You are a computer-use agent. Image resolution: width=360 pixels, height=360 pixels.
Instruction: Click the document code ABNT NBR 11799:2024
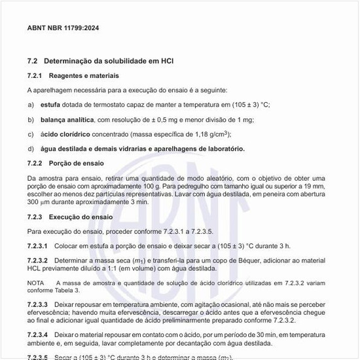(x=63, y=28)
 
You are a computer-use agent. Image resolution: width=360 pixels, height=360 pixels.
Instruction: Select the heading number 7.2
(x=33, y=61)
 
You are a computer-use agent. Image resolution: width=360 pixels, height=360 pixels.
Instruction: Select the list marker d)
(x=31, y=149)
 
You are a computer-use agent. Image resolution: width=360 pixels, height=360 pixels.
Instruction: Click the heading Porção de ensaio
(x=77, y=163)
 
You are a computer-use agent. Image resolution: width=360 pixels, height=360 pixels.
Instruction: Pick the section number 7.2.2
(x=37, y=163)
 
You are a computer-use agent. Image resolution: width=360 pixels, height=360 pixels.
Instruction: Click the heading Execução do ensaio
(x=82, y=217)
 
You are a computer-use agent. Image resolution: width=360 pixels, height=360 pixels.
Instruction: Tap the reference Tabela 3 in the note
(x=68, y=290)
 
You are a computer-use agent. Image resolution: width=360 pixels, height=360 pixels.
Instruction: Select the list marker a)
(x=31, y=105)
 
